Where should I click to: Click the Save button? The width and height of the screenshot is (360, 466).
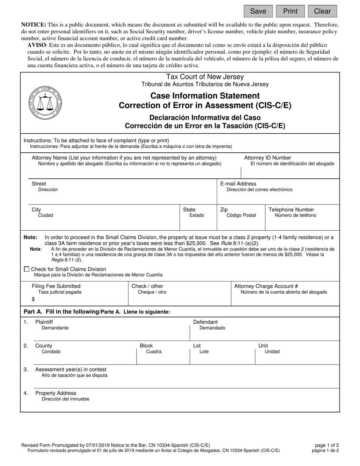(x=258, y=11)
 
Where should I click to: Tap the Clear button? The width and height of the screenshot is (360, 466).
(x=322, y=11)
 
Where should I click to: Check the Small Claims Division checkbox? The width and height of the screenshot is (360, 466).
(x=26, y=269)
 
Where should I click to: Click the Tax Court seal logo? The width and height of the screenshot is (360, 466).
(x=45, y=103)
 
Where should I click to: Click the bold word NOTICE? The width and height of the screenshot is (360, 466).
(x=33, y=25)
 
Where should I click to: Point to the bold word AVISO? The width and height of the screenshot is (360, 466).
(x=37, y=45)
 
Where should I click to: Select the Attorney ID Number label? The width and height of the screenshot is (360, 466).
(x=268, y=158)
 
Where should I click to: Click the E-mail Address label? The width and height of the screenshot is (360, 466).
(x=238, y=184)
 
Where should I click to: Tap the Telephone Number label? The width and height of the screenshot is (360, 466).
(x=291, y=210)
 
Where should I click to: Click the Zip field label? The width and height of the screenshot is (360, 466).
(x=224, y=210)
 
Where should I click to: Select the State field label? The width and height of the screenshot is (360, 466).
(x=189, y=210)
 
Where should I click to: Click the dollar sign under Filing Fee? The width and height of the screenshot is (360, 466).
(x=33, y=299)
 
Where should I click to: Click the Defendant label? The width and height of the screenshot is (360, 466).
(x=205, y=322)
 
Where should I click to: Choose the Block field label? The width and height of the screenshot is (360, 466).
(x=146, y=346)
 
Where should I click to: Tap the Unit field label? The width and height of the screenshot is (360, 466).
(x=263, y=346)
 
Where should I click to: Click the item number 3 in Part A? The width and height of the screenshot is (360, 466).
(x=26, y=369)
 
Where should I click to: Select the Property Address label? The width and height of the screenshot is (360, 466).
(x=55, y=393)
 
